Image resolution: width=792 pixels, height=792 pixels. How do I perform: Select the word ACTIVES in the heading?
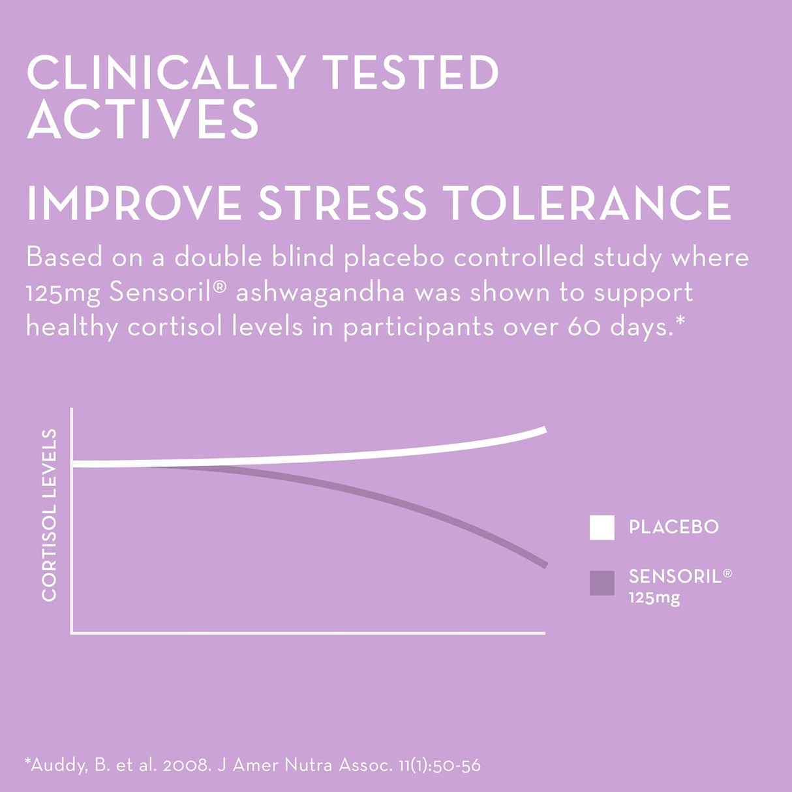click(143, 119)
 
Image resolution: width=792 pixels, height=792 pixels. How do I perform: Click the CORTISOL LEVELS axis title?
click(50, 515)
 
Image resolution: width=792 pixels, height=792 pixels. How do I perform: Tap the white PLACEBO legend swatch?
click(602, 528)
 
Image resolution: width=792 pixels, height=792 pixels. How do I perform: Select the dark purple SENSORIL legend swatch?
click(602, 583)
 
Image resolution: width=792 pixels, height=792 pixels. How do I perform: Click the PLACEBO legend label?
click(673, 527)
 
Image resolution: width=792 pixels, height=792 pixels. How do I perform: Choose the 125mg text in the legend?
click(654, 598)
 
